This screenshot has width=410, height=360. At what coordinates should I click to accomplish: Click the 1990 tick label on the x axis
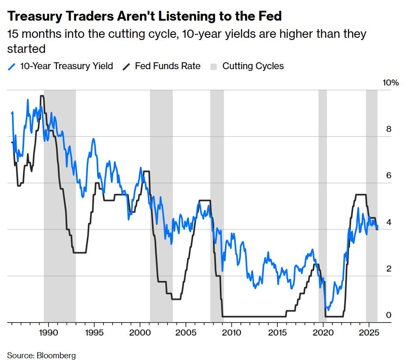point(47,333)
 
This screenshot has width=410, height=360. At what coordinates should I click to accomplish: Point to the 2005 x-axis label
point(185,333)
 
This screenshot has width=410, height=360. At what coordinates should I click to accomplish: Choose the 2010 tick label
point(231,333)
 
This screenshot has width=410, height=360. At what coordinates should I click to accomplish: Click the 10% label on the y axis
point(391,83)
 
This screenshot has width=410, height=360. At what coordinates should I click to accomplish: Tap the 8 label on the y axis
point(389,129)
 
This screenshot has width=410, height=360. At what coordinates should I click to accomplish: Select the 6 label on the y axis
point(389,176)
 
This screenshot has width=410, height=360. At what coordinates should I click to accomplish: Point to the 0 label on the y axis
point(389,315)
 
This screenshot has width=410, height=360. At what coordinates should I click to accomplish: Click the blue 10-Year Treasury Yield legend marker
point(12,66)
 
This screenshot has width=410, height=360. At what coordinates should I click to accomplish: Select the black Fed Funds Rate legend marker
point(127,66)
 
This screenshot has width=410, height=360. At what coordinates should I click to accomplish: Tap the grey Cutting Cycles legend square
point(214,67)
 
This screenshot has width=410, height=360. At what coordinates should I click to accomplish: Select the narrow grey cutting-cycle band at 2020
point(322,206)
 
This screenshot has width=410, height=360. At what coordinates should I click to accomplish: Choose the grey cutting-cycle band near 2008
point(217,206)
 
